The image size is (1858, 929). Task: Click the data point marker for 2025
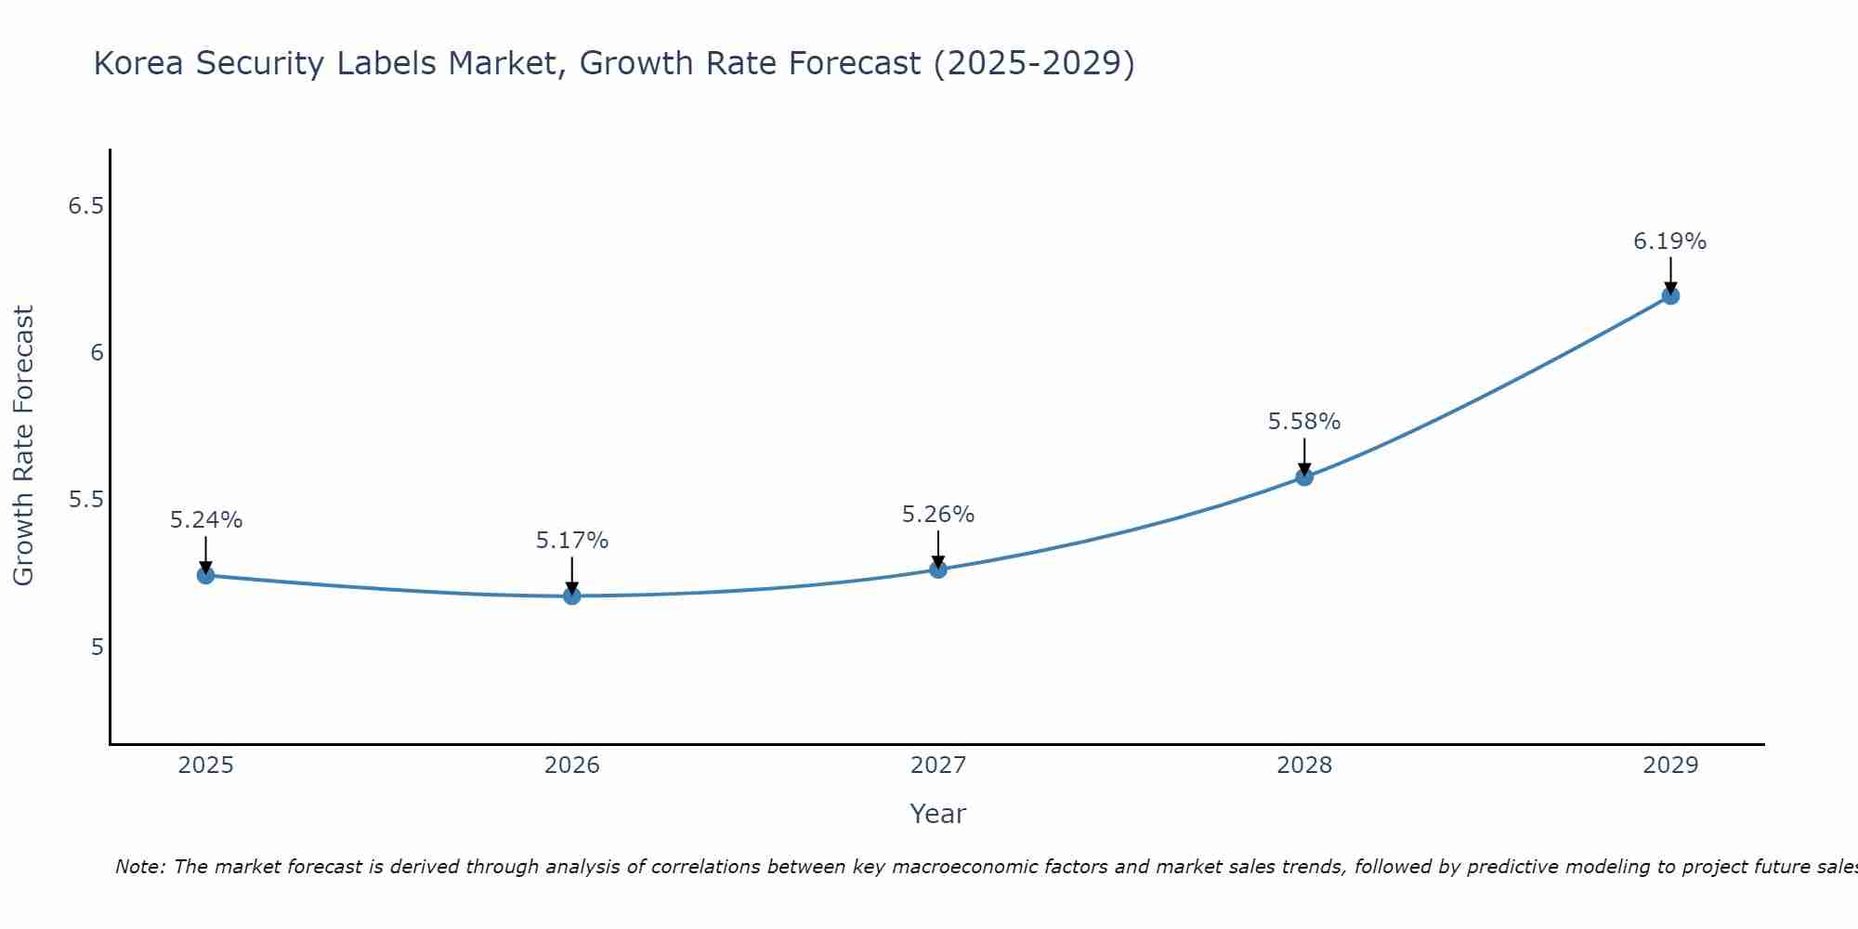[x=206, y=575]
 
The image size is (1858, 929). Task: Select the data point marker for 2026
[x=572, y=595]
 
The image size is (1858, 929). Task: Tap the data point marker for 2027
[x=938, y=569]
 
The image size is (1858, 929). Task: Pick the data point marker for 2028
[x=1304, y=477]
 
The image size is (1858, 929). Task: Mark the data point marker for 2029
[x=1670, y=295]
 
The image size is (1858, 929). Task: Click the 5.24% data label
[x=206, y=520]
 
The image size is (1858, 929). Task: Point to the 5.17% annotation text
[x=572, y=541]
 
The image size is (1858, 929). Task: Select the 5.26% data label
[x=938, y=515]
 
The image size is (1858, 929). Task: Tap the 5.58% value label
[x=1304, y=422]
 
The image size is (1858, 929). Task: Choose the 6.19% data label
[x=1670, y=242]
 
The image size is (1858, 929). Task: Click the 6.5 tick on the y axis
[x=85, y=206]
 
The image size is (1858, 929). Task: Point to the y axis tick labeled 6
[x=97, y=353]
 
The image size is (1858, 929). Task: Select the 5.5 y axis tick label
[x=85, y=500]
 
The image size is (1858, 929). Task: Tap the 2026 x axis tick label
[x=572, y=765]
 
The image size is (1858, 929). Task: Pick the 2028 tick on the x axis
[x=1304, y=765]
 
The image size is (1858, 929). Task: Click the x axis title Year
[x=938, y=814]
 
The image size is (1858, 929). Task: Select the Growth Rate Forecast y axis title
[x=24, y=446]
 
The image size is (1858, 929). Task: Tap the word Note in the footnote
[x=139, y=867]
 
